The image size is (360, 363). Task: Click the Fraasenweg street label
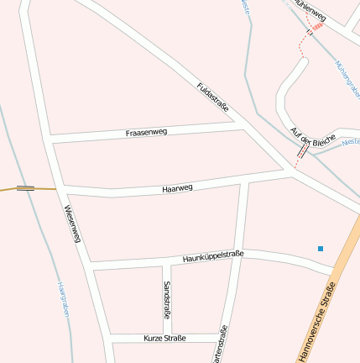[x=146, y=133]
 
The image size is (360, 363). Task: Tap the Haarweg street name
[x=177, y=188]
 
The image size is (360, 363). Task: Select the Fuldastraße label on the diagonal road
[x=212, y=98]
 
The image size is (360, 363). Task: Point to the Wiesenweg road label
[x=71, y=224]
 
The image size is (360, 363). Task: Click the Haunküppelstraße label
[x=212, y=256]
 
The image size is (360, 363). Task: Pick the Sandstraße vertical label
[x=167, y=298]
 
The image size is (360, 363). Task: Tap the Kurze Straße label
[x=164, y=338]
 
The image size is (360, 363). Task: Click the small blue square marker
[x=320, y=248]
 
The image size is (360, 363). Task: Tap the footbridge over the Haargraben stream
[x=25, y=188]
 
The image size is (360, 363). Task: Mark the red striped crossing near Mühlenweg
[x=316, y=28]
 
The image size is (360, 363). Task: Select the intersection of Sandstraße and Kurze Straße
[x=164, y=338]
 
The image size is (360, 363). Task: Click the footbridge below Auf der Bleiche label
[x=302, y=151]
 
